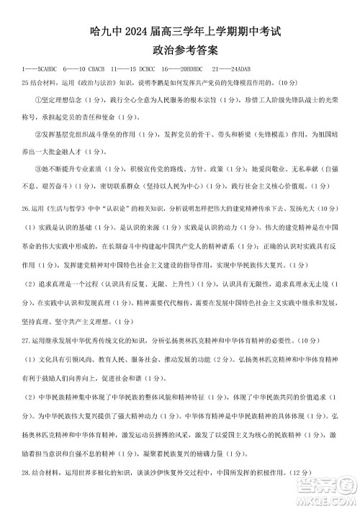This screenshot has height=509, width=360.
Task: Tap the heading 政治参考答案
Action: (180, 51)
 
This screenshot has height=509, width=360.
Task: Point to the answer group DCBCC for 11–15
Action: (145, 70)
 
